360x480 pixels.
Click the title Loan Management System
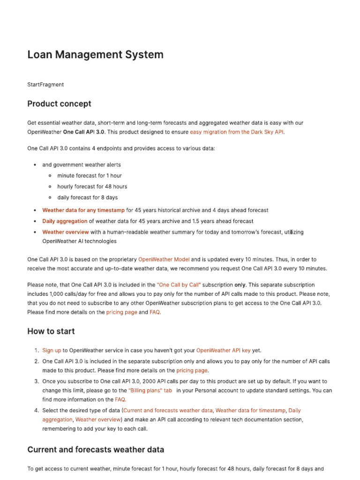(95, 54)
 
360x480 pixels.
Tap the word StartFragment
(45, 85)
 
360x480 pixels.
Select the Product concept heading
(59, 104)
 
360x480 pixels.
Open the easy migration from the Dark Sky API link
(237, 132)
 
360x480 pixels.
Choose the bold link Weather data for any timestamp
(83, 210)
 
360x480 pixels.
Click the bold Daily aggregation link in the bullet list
(65, 221)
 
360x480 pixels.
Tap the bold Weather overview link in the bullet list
(65, 232)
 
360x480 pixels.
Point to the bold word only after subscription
(240, 285)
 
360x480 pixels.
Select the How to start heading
(51, 331)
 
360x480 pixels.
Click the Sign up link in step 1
(52, 351)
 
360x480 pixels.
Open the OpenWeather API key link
(223, 351)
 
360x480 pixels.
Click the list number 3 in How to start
(36, 382)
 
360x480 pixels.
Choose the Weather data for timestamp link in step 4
(250, 411)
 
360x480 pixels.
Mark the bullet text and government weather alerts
(81, 165)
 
